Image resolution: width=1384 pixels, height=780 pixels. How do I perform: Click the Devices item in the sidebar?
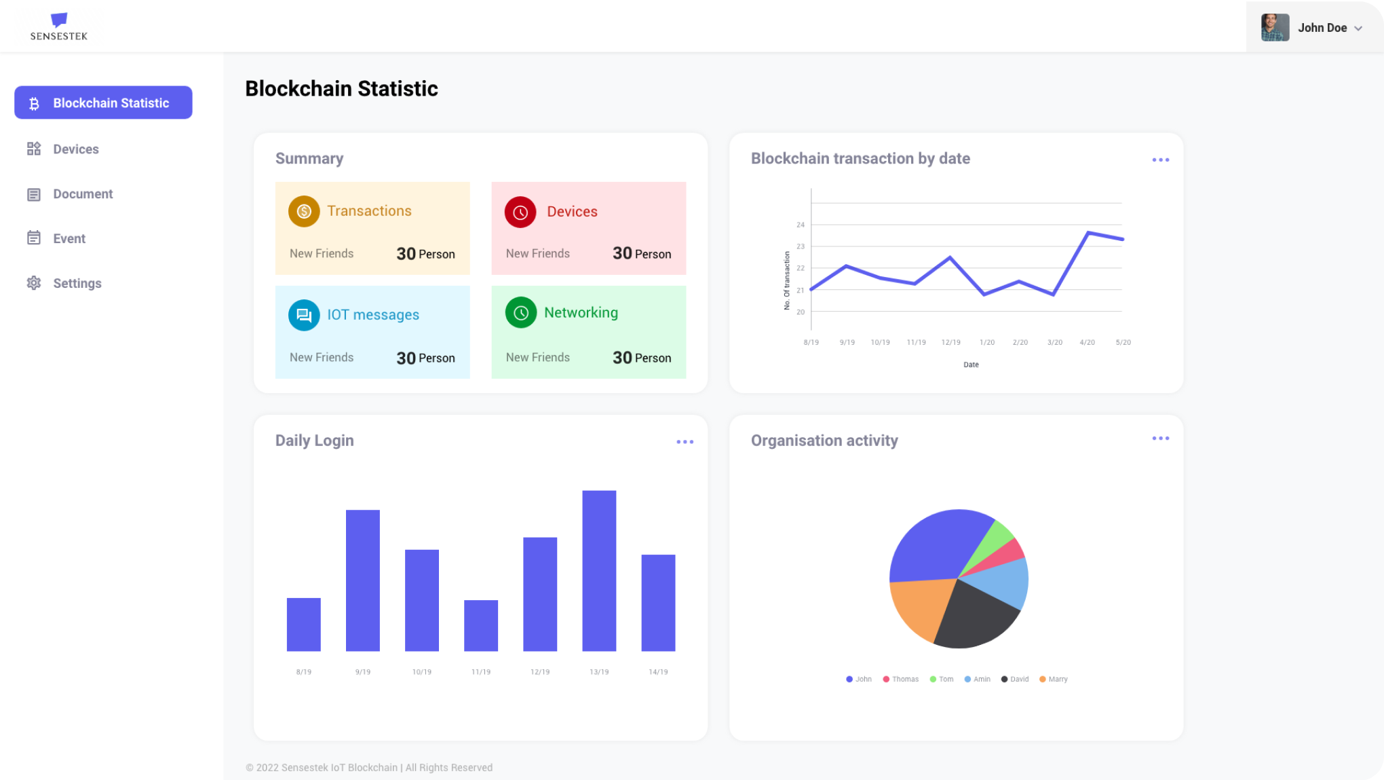point(75,149)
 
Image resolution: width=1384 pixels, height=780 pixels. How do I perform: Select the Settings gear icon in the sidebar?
point(34,283)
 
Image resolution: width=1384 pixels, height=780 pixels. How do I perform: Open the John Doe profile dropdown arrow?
point(1358,29)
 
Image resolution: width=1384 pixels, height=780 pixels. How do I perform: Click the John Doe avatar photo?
point(1275,28)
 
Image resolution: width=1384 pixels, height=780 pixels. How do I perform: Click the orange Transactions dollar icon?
point(304,211)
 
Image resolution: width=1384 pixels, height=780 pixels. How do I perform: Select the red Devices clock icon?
point(520,212)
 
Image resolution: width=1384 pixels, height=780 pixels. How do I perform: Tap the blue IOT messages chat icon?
point(304,315)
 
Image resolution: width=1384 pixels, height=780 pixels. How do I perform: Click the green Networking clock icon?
point(521,313)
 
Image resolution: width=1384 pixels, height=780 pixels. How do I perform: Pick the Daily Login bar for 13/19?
point(599,570)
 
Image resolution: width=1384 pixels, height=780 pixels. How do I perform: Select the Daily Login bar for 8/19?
point(303,625)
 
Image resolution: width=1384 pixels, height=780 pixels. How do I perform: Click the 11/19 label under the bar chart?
point(481,672)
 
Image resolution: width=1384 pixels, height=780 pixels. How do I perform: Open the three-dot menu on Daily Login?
point(685,442)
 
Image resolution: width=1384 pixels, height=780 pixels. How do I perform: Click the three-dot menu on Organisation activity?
point(1160,439)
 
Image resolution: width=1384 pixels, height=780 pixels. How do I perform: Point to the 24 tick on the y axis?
point(801,225)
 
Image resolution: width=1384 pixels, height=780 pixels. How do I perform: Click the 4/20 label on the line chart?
point(1087,343)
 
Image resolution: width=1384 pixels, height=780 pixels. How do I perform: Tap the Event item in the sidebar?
point(69,239)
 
